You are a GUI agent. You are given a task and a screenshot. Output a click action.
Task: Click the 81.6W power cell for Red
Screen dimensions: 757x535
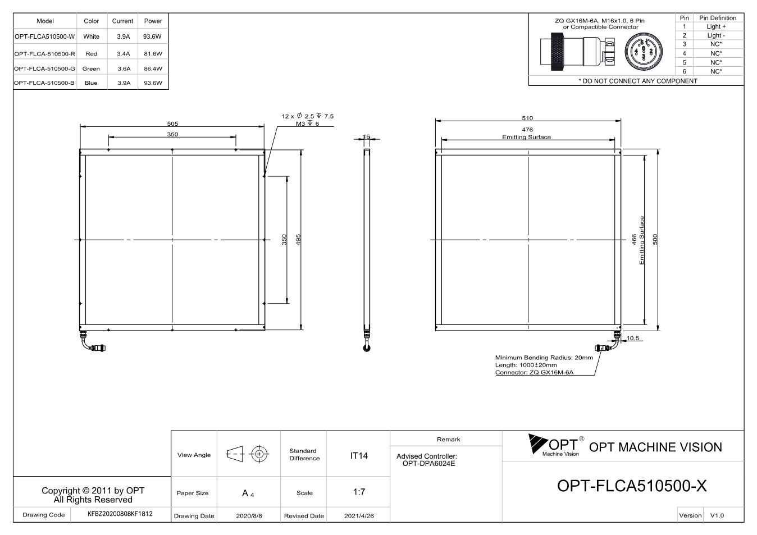click(153, 53)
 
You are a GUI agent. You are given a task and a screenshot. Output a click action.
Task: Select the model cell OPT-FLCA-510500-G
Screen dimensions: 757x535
click(44, 68)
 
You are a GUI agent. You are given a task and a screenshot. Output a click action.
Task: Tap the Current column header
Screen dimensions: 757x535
click(122, 21)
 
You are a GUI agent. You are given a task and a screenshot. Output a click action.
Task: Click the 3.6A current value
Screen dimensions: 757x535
click(124, 68)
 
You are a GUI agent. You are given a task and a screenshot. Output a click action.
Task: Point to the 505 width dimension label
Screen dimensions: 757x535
click(172, 124)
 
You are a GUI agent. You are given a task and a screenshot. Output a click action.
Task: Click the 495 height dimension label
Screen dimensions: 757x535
click(298, 240)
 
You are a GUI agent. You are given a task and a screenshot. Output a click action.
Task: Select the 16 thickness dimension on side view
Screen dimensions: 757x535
click(366, 136)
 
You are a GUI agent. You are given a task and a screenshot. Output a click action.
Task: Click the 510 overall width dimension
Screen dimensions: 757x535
click(527, 118)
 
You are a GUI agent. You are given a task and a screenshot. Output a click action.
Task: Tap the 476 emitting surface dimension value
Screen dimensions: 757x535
click(527, 129)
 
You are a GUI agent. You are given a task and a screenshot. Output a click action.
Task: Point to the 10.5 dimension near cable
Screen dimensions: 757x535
click(633, 338)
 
